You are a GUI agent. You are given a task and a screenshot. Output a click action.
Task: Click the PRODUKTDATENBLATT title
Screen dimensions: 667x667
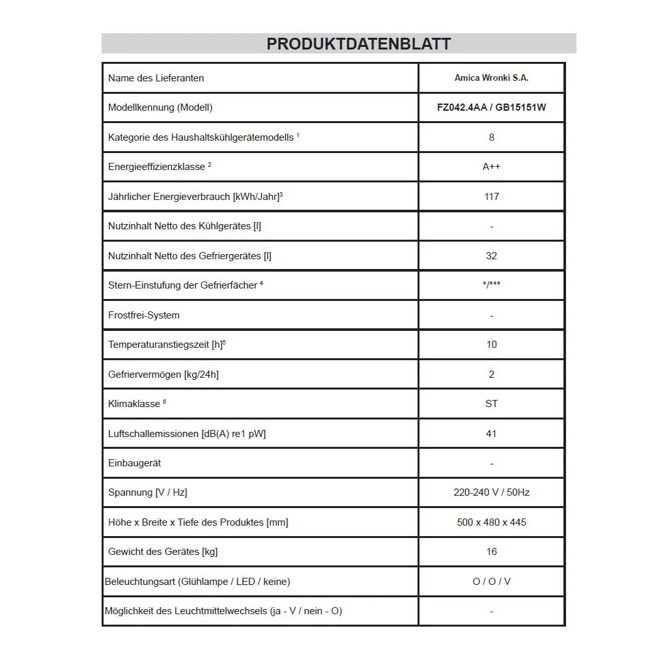(x=358, y=44)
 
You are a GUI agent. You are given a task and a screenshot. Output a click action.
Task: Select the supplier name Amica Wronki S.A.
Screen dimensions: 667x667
(x=491, y=78)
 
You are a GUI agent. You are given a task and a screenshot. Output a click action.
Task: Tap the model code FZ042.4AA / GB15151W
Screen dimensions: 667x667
(x=491, y=107)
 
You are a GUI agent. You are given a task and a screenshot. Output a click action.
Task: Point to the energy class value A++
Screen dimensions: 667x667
(x=491, y=167)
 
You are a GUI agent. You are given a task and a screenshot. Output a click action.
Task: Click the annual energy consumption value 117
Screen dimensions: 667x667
(x=491, y=197)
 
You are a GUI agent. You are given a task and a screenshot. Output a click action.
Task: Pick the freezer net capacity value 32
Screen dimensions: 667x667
(x=491, y=256)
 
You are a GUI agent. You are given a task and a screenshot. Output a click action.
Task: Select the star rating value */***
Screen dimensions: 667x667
(x=491, y=285)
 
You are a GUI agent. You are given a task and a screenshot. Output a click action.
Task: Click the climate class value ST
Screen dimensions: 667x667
(x=491, y=404)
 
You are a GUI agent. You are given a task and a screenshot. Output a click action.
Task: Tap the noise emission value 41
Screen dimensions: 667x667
(x=491, y=434)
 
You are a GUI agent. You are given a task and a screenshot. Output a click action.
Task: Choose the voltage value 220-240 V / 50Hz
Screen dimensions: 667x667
(x=491, y=492)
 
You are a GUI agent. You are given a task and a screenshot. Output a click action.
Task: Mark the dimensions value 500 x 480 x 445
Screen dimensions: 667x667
(x=491, y=522)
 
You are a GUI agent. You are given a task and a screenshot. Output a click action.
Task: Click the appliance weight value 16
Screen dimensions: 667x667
(x=491, y=552)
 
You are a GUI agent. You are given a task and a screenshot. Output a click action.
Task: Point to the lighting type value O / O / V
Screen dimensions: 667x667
(x=491, y=582)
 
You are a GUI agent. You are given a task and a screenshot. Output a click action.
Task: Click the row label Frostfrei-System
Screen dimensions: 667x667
(x=144, y=315)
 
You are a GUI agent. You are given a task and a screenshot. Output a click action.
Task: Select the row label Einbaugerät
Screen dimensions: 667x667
(x=134, y=463)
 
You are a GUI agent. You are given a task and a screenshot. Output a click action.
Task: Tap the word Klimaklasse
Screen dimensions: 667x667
(x=134, y=404)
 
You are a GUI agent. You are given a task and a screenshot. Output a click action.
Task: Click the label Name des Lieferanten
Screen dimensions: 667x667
(x=156, y=78)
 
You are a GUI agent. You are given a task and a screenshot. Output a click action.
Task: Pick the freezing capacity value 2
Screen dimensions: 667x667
(x=491, y=375)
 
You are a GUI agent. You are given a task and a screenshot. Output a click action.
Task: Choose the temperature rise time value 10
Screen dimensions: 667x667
(x=491, y=345)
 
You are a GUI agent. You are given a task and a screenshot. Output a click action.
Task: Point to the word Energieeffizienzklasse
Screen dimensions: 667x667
(x=156, y=167)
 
